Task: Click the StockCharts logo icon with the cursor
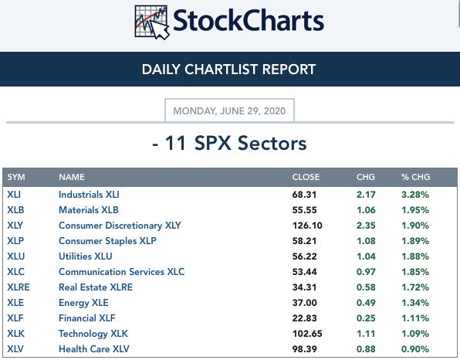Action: click(x=152, y=22)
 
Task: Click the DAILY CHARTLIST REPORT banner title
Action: click(x=228, y=70)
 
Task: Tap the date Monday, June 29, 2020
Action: click(x=229, y=111)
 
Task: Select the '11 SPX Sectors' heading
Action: click(x=229, y=143)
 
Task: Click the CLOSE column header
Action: click(x=306, y=177)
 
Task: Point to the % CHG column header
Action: click(x=416, y=177)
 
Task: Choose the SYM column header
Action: click(x=16, y=177)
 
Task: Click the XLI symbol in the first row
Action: click(x=14, y=195)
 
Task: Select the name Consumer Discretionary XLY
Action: click(x=120, y=226)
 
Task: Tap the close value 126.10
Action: click(x=307, y=226)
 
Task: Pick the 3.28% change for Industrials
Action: click(x=415, y=195)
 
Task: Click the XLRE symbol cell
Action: click(x=19, y=287)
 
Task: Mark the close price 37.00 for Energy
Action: click(x=305, y=303)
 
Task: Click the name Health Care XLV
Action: click(x=94, y=349)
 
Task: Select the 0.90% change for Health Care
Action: click(x=415, y=349)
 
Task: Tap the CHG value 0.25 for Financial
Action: click(x=366, y=318)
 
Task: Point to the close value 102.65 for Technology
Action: click(x=307, y=334)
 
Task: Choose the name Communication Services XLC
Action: click(x=121, y=272)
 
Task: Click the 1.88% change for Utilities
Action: click(x=415, y=256)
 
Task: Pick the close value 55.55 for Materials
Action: click(x=305, y=210)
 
